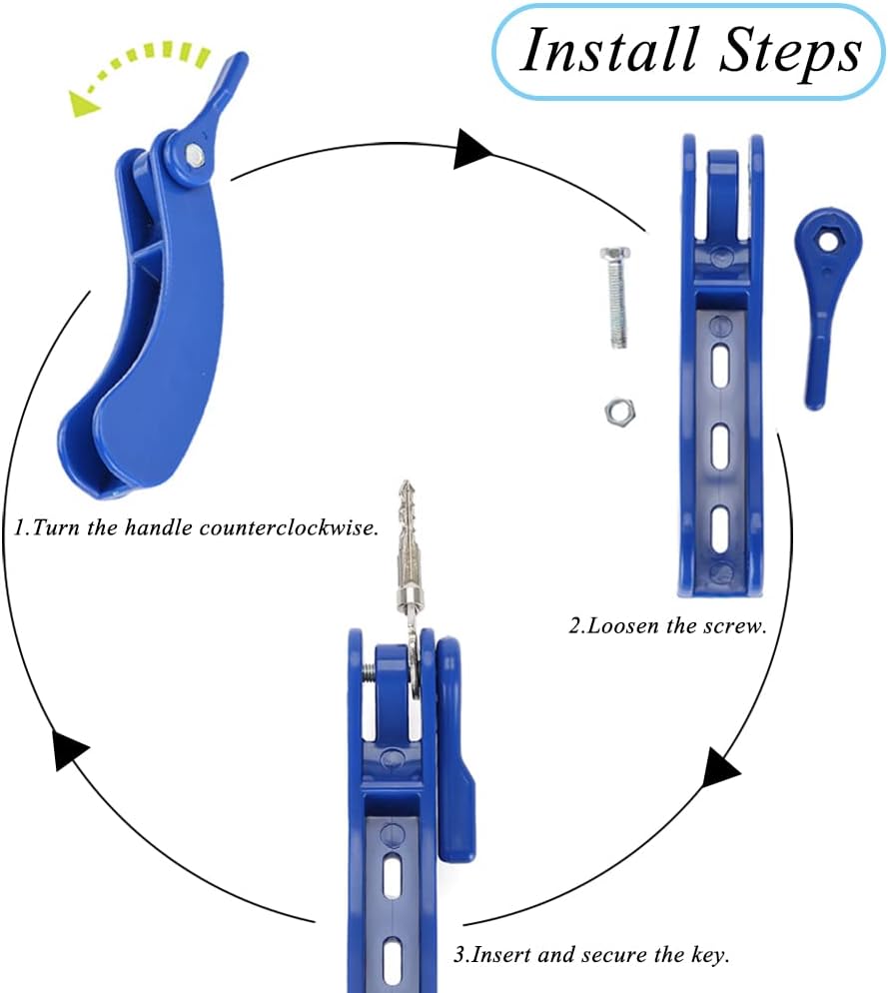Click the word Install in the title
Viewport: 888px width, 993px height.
(x=599, y=50)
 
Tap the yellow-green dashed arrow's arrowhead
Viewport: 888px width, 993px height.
(x=85, y=101)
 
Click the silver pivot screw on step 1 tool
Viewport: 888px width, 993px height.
(x=193, y=154)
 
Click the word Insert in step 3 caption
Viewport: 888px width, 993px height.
(x=499, y=954)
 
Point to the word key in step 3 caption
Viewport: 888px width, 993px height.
(x=711, y=954)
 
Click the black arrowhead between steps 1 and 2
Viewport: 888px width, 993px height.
(x=474, y=150)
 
